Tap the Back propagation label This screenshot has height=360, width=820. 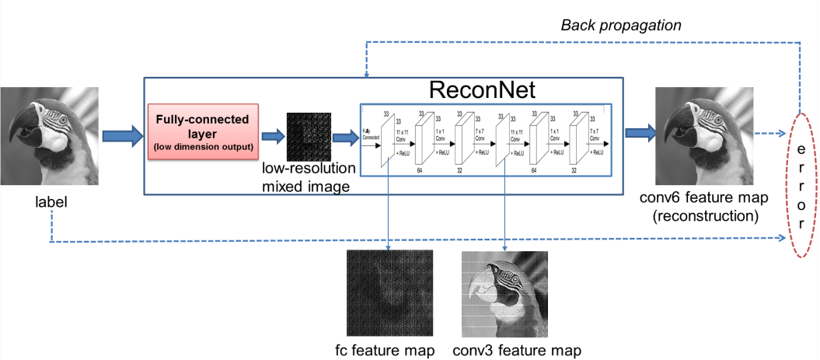click(x=621, y=26)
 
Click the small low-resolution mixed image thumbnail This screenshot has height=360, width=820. click(x=307, y=134)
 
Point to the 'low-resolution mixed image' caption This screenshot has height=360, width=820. click(x=309, y=177)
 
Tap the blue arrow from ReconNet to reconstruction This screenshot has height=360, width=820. click(x=637, y=137)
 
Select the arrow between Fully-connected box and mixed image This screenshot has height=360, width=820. click(x=273, y=135)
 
